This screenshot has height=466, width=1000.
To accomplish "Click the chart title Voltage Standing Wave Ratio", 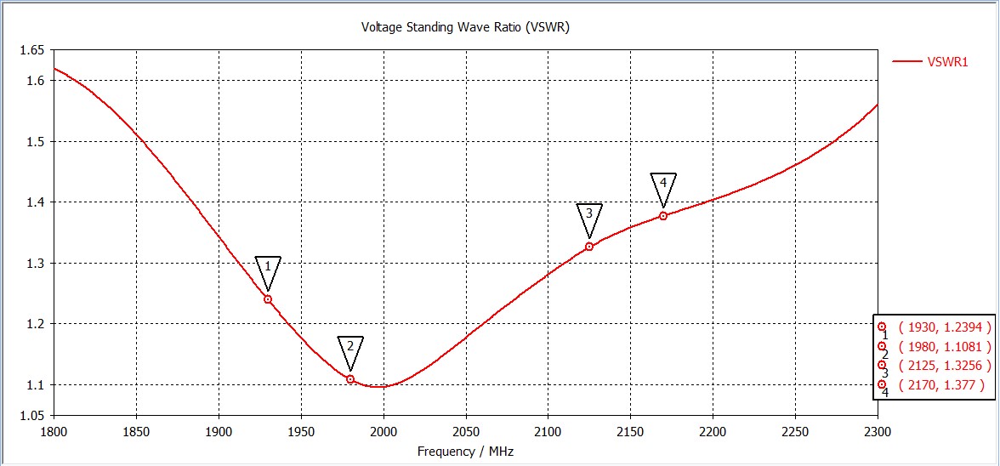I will (x=465, y=27).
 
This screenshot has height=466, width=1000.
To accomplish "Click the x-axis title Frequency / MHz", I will (x=465, y=452).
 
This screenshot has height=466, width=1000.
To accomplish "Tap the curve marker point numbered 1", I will (x=268, y=299).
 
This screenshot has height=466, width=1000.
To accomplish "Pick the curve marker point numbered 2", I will (x=350, y=379).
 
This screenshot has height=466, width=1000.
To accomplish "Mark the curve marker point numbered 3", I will (x=589, y=247).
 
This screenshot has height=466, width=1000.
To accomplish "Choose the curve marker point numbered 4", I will (x=663, y=216).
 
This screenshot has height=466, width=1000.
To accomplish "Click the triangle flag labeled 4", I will (x=663, y=186).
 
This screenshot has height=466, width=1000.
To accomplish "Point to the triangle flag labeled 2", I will (x=350, y=349).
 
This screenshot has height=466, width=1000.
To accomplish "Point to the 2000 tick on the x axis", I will (x=384, y=431).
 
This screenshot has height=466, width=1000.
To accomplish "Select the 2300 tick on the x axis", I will (x=877, y=431).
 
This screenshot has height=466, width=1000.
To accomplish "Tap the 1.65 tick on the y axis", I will (x=31, y=50).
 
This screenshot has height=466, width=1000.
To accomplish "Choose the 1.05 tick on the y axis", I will (x=31, y=415).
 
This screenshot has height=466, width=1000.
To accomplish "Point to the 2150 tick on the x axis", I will (x=630, y=431).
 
